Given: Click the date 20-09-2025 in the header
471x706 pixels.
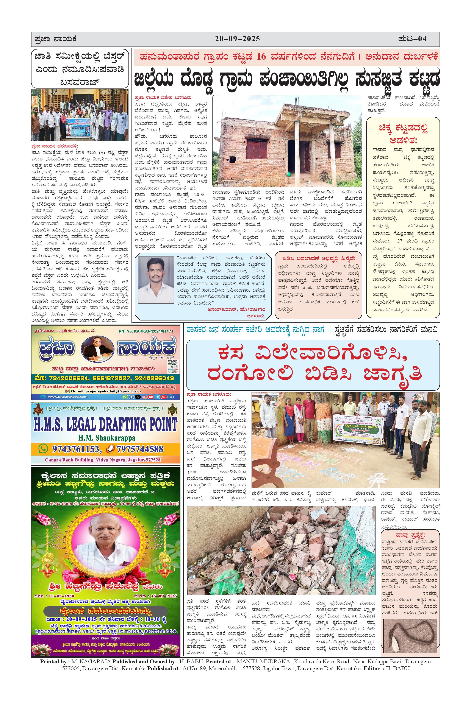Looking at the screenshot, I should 237,39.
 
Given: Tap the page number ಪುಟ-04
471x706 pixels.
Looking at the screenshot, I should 412,39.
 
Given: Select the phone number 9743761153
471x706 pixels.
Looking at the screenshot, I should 76,449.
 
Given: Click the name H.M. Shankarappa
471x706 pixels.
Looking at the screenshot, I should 106,438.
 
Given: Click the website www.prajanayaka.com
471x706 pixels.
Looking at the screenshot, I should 68,396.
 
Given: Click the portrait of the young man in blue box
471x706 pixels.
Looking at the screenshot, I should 153,277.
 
